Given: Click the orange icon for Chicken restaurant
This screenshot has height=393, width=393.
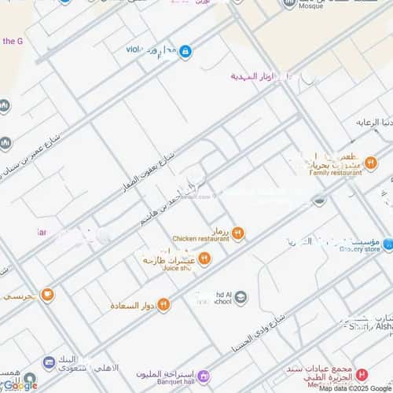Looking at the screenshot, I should (x=237, y=233).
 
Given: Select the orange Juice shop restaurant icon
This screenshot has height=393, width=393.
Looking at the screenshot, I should (x=204, y=258).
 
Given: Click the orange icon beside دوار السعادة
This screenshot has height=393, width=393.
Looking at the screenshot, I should (x=163, y=304).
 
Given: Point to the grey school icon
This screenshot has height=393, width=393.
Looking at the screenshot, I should (x=241, y=296).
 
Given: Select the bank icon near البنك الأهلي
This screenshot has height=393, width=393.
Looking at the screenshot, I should (x=48, y=362).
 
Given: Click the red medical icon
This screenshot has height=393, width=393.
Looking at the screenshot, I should (x=362, y=375).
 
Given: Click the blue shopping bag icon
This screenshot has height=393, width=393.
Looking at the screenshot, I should (x=185, y=52).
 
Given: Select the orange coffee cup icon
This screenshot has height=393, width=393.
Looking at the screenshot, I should (x=48, y=295).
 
